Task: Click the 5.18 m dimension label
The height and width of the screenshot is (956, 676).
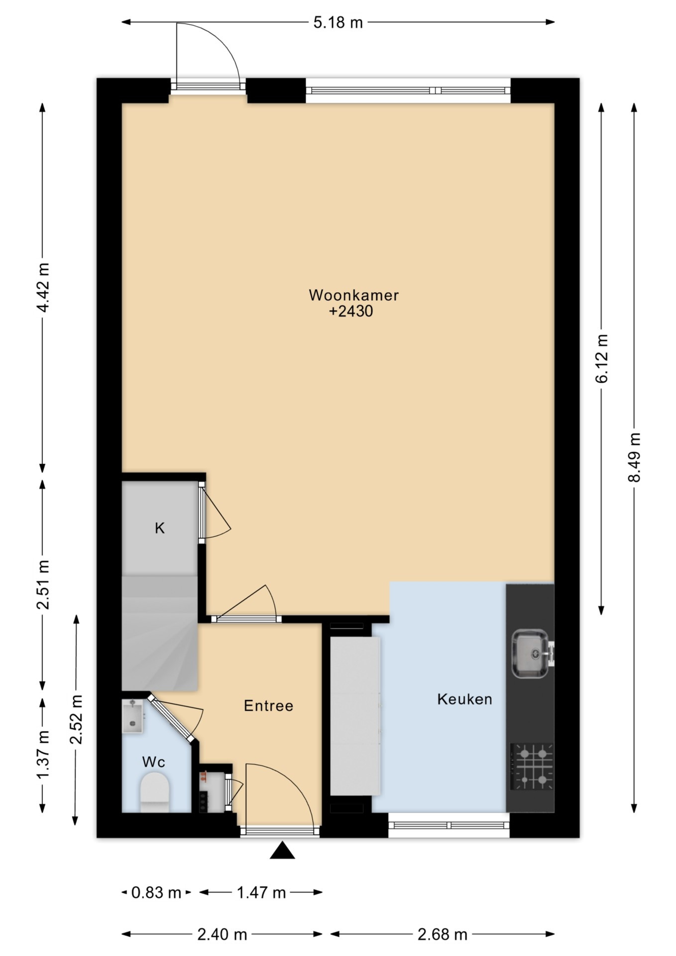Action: point(338,22)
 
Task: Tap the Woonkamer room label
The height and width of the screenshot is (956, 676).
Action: point(353,295)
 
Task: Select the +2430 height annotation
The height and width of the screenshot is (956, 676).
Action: point(351,312)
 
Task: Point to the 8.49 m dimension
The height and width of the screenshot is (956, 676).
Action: point(634,457)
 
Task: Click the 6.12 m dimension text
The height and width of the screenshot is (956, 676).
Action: point(601,358)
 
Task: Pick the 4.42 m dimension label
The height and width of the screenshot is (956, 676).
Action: point(43,287)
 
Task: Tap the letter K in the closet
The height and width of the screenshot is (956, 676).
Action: point(159,528)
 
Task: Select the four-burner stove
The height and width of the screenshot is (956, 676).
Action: point(532,766)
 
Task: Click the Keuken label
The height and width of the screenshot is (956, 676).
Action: point(464,699)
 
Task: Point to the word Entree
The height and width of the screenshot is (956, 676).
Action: point(268,706)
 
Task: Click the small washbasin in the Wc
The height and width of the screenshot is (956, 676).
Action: point(133,716)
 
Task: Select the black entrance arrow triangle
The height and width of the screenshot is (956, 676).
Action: point(282,850)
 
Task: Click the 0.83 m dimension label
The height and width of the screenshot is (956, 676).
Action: point(156,893)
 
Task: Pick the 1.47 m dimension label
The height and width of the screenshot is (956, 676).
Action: point(261,893)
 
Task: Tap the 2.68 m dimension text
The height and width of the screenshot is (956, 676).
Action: point(442,935)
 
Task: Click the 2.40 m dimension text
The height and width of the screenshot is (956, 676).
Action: point(222,935)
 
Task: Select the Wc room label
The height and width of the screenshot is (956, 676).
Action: point(153,762)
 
